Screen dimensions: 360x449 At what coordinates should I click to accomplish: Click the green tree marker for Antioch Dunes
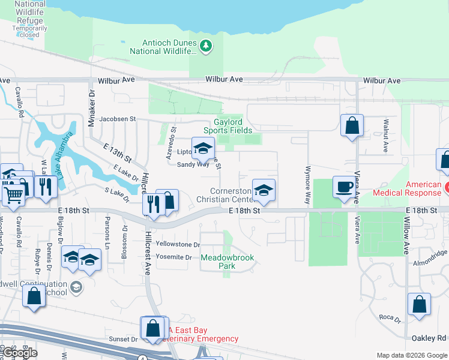[x=206, y=46]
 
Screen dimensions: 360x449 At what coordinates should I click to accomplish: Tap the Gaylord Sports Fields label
[x=228, y=125]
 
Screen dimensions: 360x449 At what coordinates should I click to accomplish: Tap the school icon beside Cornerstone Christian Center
[x=264, y=190]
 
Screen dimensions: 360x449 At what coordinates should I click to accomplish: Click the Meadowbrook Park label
[x=228, y=262]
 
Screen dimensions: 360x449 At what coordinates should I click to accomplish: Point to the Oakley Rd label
[x=430, y=338]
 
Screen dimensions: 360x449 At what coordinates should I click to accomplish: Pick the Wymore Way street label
[x=308, y=185]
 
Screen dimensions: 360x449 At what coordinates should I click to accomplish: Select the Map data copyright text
[x=412, y=355]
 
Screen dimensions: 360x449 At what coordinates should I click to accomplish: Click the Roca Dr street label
[x=389, y=317]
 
